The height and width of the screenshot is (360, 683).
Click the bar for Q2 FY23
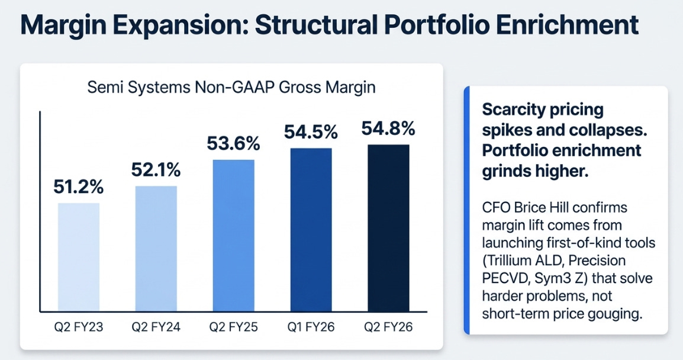click(x=78, y=257)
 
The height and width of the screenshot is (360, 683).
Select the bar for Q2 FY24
click(x=156, y=249)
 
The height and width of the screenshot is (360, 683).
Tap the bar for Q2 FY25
click(x=233, y=235)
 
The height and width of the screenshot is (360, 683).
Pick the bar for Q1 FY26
click(x=311, y=230)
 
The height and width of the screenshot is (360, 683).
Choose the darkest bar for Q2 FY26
click(x=388, y=228)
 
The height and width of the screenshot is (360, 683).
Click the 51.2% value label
click(x=78, y=187)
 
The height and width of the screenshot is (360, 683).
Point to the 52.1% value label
click(x=156, y=170)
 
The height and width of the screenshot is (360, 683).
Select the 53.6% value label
click(x=233, y=143)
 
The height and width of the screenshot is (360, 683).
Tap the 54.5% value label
click(x=311, y=132)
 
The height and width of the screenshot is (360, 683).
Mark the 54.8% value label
click(x=388, y=128)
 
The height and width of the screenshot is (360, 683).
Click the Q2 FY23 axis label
click(x=78, y=327)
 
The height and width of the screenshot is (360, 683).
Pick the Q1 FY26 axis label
click(x=311, y=327)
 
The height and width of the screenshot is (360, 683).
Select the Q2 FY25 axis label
click(x=233, y=327)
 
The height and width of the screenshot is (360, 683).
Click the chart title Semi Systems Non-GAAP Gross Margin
click(x=231, y=87)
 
